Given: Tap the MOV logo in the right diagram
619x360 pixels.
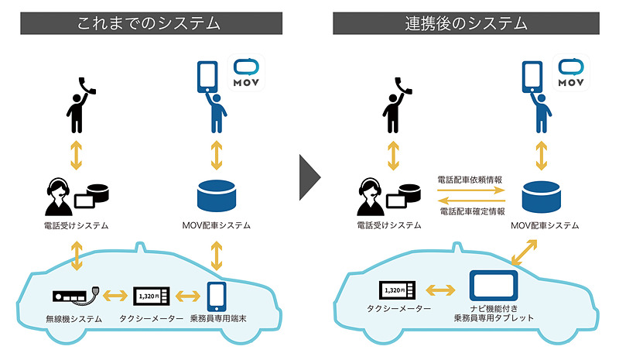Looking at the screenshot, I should (571, 74).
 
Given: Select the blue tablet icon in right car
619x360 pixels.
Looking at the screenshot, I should (494, 286).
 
